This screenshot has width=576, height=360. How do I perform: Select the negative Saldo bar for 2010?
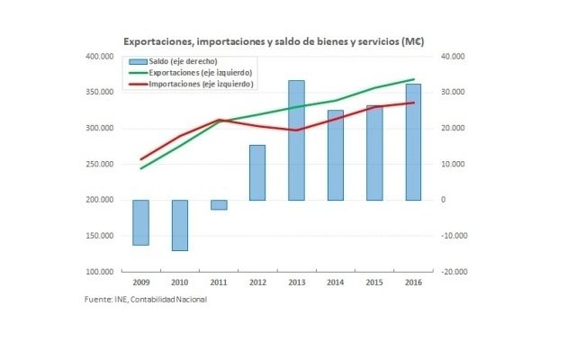point(179,225)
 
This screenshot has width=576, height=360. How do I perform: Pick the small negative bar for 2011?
point(219,204)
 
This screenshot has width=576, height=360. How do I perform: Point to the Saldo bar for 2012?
point(257,173)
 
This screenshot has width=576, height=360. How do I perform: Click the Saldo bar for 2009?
point(140,222)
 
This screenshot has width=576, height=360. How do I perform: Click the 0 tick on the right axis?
point(443,200)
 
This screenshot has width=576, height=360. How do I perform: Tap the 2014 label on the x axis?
point(335,283)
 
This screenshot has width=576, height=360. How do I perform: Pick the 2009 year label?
point(140,283)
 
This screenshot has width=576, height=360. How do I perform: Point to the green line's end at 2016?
point(413,79)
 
